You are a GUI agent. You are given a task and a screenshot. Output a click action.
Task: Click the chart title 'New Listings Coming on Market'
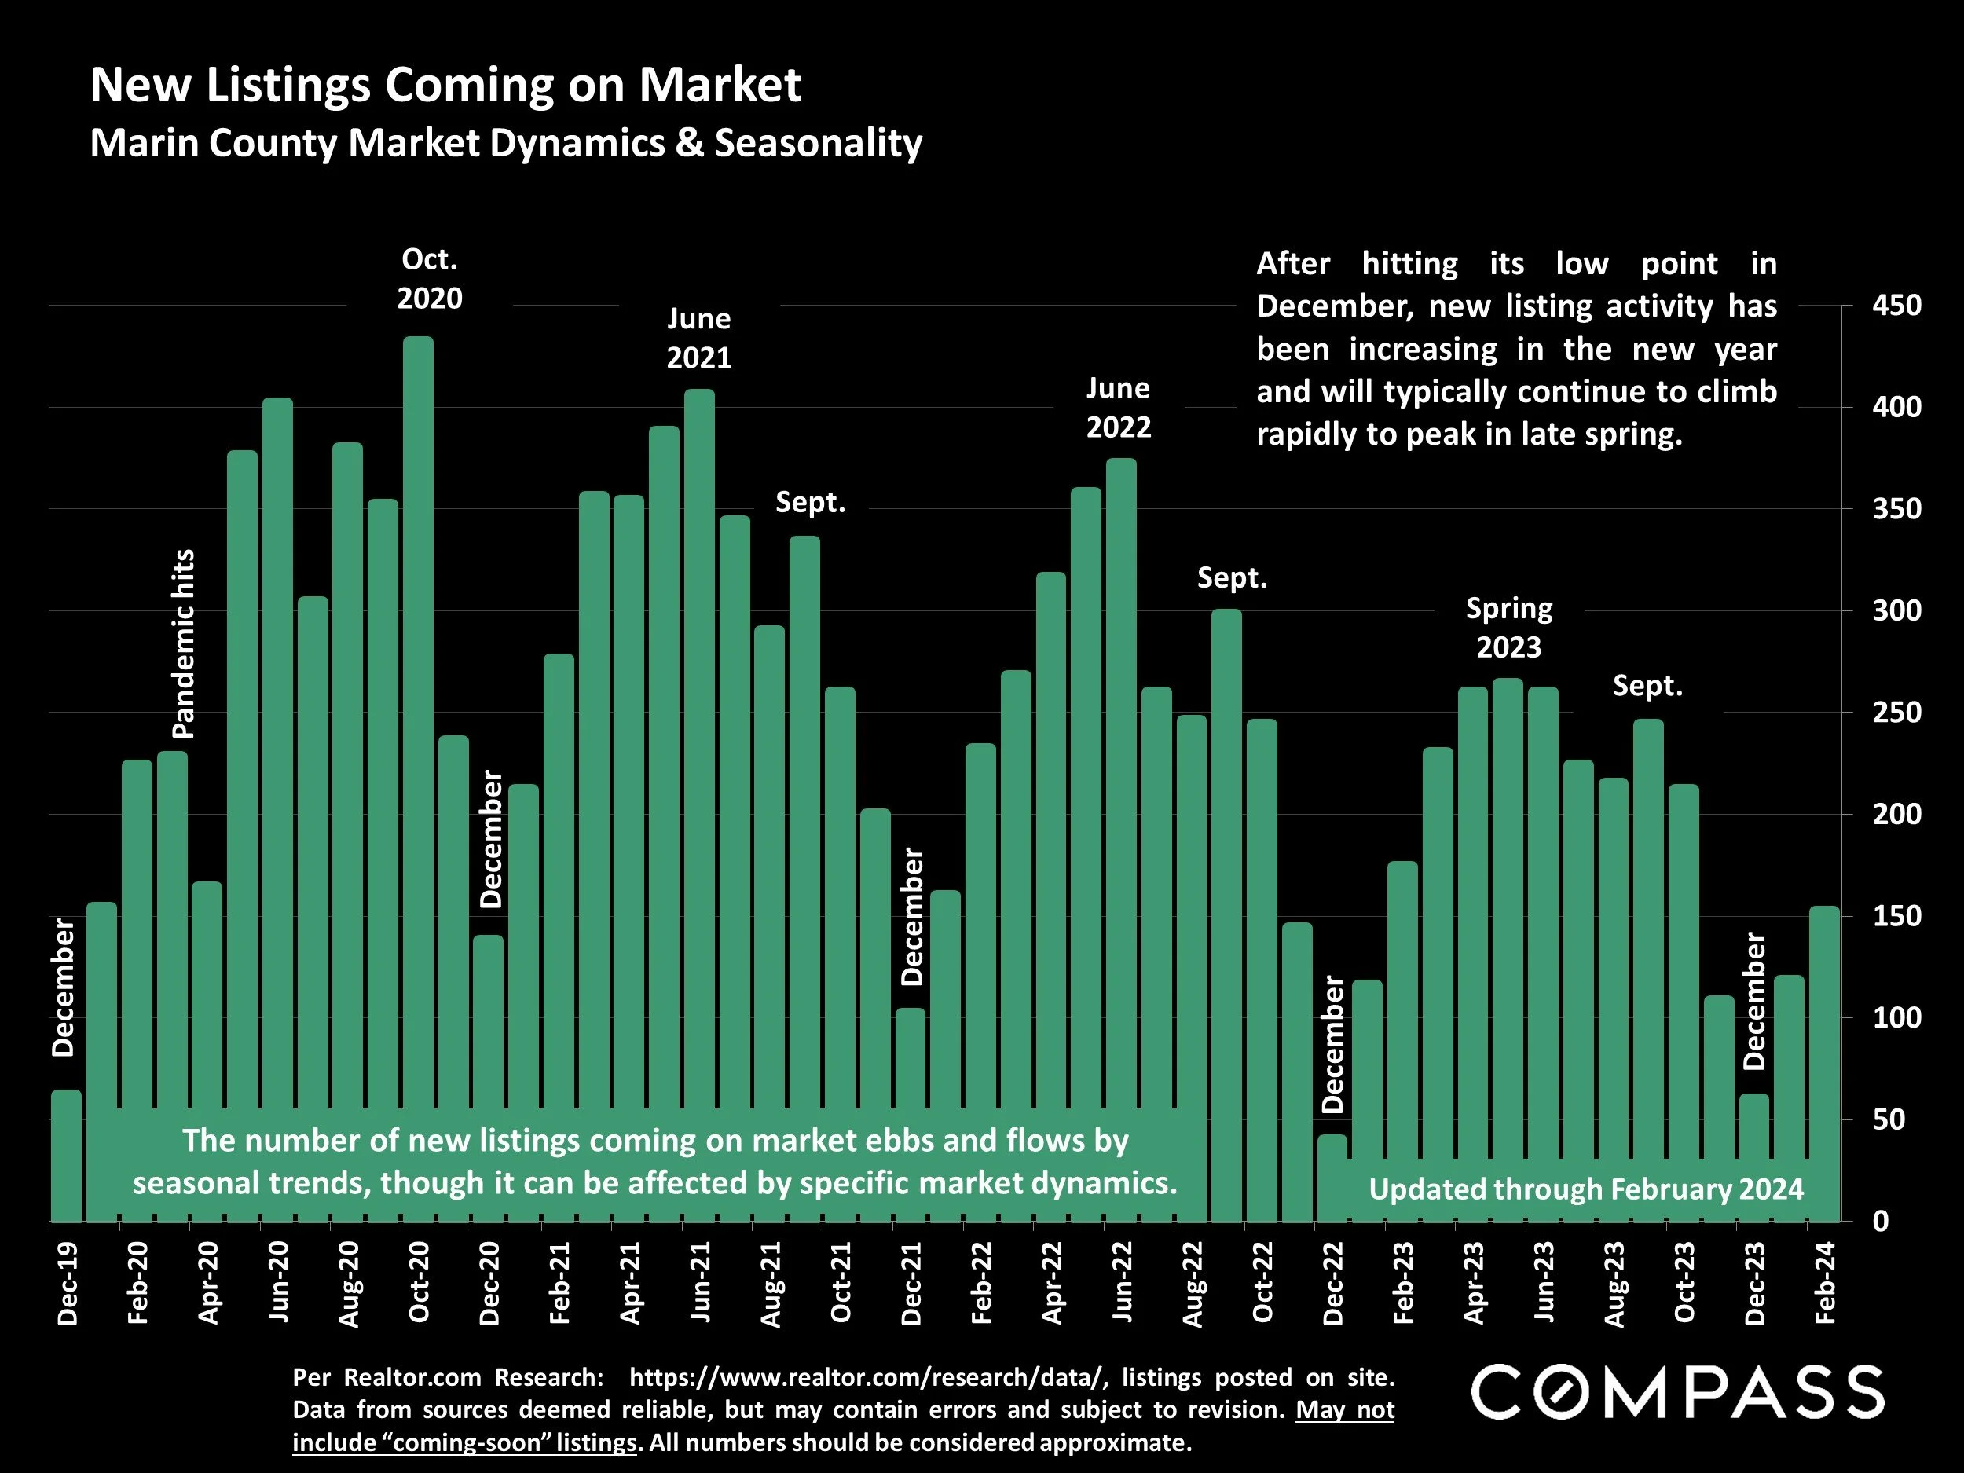click(445, 85)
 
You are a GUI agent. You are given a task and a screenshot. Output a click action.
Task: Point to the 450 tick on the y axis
click(1896, 306)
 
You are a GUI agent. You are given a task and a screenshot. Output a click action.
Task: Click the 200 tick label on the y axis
click(1896, 814)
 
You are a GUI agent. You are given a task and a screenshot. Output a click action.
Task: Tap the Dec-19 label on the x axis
click(68, 1283)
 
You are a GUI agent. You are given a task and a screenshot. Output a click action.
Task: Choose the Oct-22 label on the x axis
click(1262, 1283)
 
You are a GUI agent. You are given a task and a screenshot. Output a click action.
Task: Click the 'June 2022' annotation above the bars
click(1118, 408)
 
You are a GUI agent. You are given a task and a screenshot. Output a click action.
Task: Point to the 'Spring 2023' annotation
click(1508, 628)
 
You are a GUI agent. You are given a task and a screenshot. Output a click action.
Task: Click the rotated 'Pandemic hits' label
click(183, 643)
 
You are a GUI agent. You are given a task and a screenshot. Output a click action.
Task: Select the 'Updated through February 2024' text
click(1586, 1189)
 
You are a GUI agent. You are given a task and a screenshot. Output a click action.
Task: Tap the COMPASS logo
click(1677, 1393)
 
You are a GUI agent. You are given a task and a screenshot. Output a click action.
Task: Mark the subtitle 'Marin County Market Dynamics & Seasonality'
click(506, 143)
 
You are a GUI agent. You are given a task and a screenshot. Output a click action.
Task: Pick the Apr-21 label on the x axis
click(629, 1283)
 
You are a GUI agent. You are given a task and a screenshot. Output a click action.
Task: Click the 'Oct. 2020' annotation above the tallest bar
click(430, 278)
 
